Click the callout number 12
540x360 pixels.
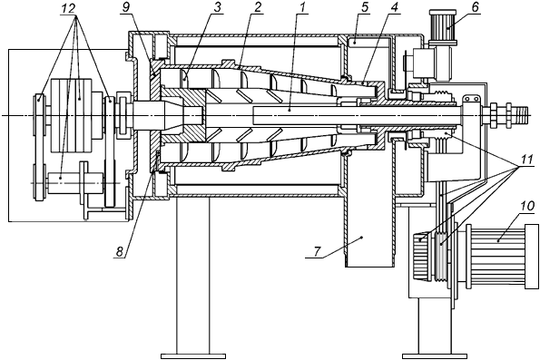68,8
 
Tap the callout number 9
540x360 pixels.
126,8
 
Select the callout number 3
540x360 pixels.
217,8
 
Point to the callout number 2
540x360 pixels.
258,8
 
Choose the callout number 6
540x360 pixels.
475,7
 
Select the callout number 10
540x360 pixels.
527,207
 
